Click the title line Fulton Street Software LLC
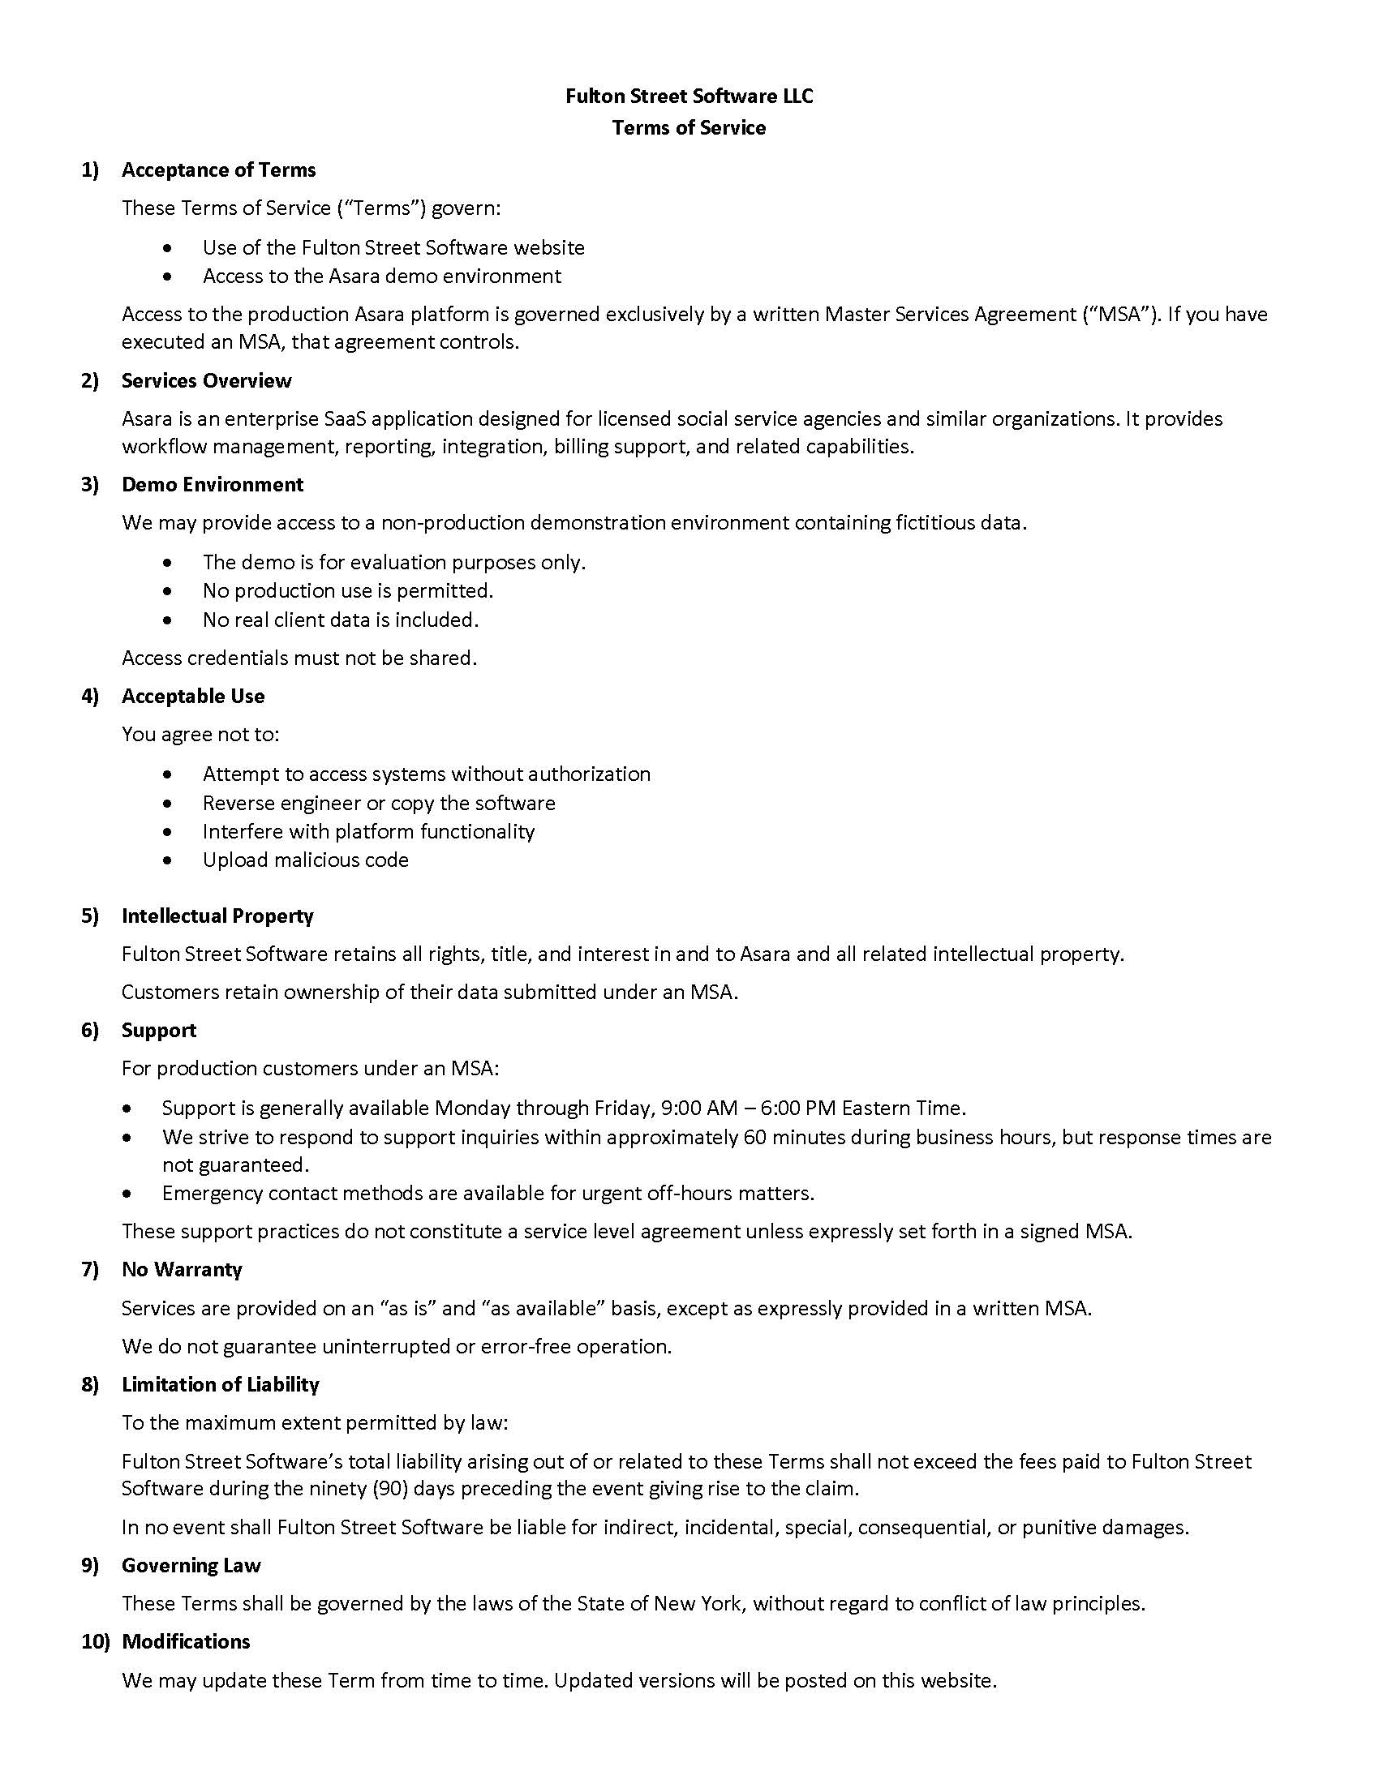pyautogui.click(x=689, y=96)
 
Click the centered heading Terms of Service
pyautogui.click(x=689, y=128)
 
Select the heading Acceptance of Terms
pyautogui.click(x=218, y=170)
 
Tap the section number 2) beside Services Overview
pyautogui.click(x=90, y=380)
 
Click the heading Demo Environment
pyautogui.click(x=213, y=484)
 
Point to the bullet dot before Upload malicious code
pyautogui.click(x=167, y=860)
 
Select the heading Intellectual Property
pyautogui.click(x=217, y=916)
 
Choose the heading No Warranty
pyautogui.click(x=182, y=1269)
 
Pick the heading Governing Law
pyautogui.click(x=191, y=1566)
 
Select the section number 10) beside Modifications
pyautogui.click(x=95, y=1642)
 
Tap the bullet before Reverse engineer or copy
pyautogui.click(x=167, y=804)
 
